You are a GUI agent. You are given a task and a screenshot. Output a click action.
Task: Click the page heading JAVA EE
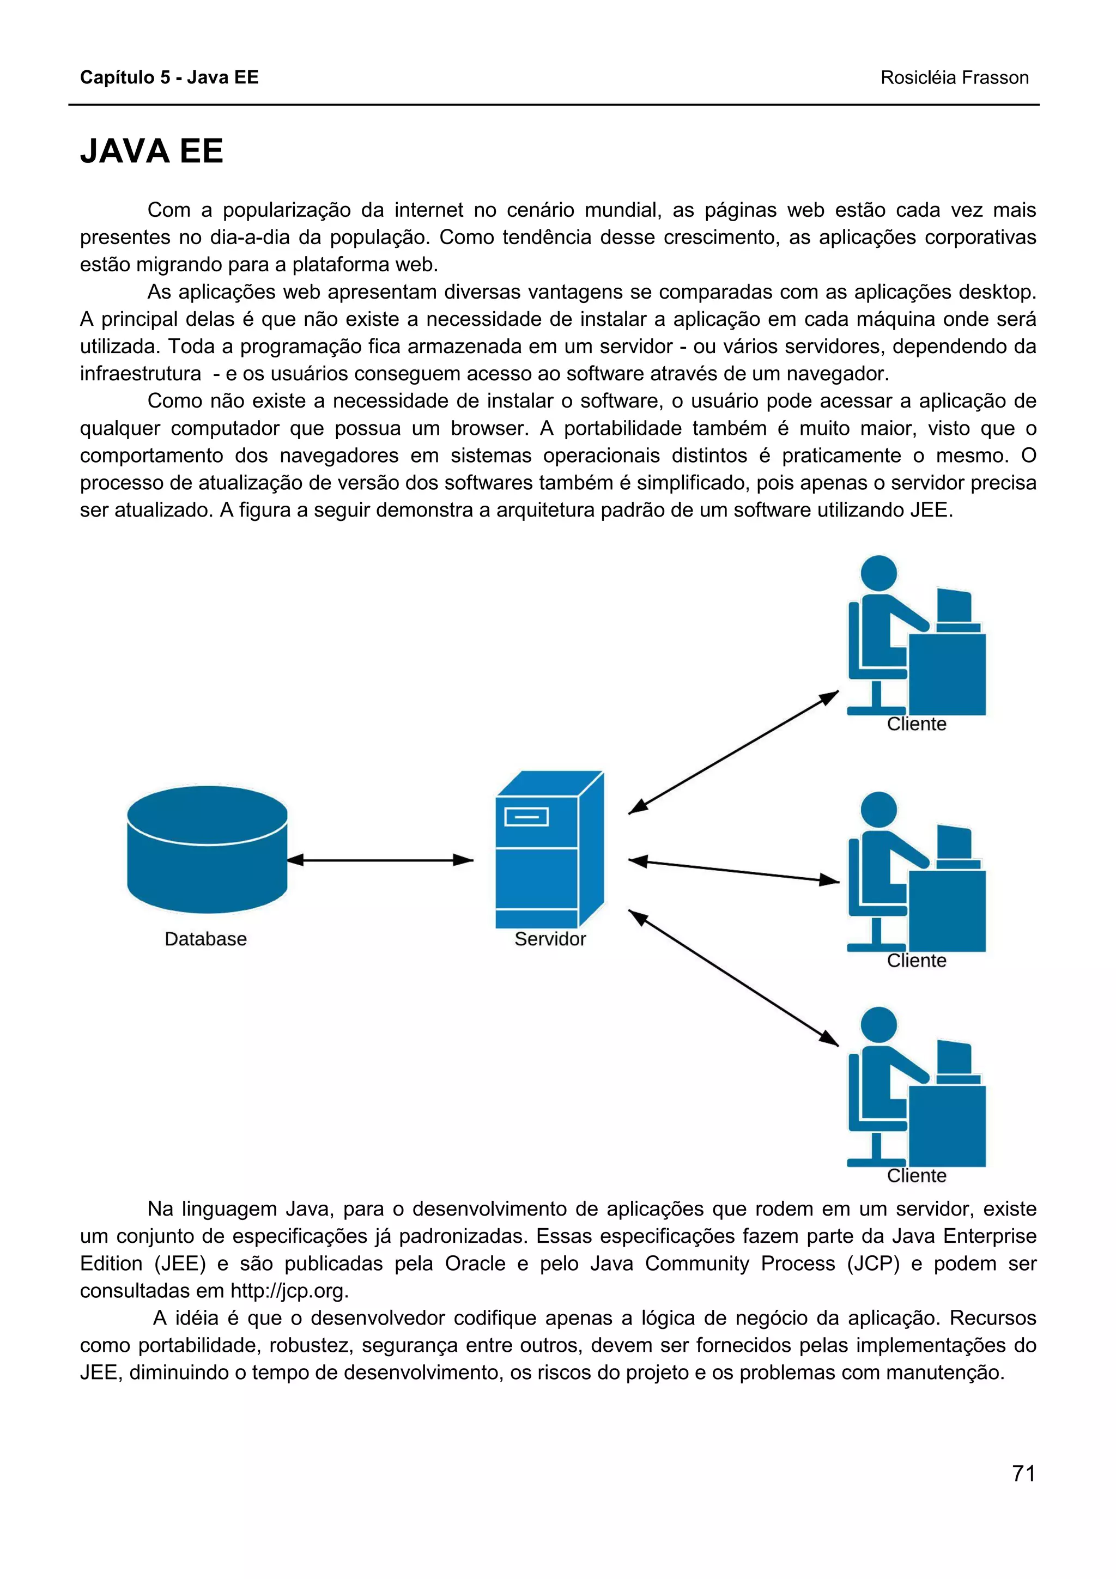(152, 151)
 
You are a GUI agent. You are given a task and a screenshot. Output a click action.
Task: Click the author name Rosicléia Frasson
(954, 78)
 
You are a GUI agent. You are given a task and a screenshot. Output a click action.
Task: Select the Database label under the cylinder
(205, 939)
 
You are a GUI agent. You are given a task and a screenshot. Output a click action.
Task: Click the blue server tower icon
(549, 850)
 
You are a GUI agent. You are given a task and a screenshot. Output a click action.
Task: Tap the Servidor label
(549, 939)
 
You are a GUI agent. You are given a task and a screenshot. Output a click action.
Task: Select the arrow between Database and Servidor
(380, 860)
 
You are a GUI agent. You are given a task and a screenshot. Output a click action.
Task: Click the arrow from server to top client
(733, 752)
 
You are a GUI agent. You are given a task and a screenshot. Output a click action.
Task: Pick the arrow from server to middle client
(733, 871)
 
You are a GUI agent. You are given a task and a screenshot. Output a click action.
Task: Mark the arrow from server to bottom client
(733, 977)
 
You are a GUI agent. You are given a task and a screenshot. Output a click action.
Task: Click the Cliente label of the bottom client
(916, 1175)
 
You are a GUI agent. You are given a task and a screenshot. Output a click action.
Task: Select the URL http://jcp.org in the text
(289, 1290)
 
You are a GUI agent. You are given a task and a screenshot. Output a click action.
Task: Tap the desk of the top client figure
(948, 674)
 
